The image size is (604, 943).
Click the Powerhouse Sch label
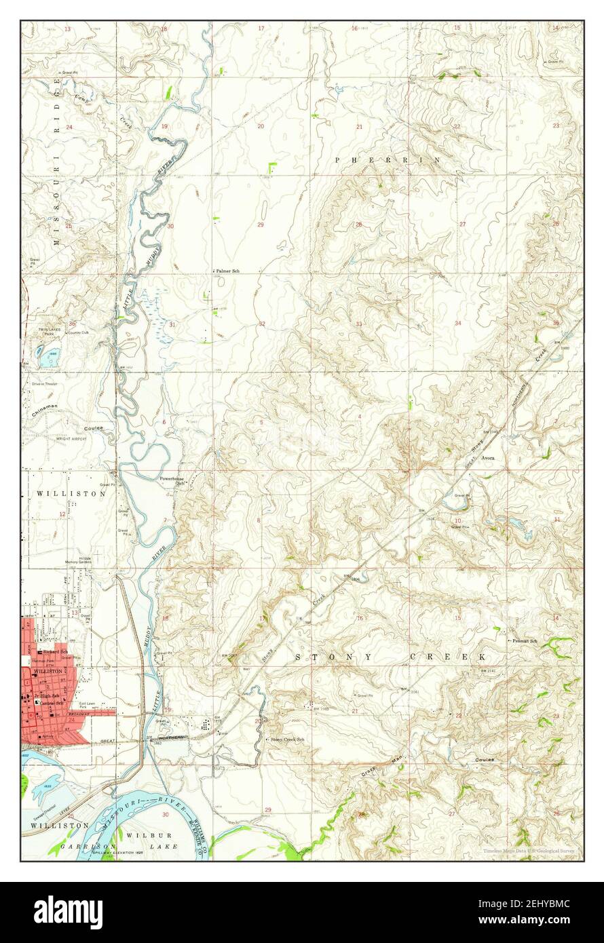click(x=172, y=481)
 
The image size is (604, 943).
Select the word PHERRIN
click(x=388, y=159)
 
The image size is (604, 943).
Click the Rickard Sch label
click(x=56, y=652)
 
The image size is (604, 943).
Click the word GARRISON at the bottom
click(x=82, y=847)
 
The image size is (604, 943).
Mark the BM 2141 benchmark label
click(x=491, y=671)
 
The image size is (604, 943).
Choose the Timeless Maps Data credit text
click(x=531, y=851)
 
